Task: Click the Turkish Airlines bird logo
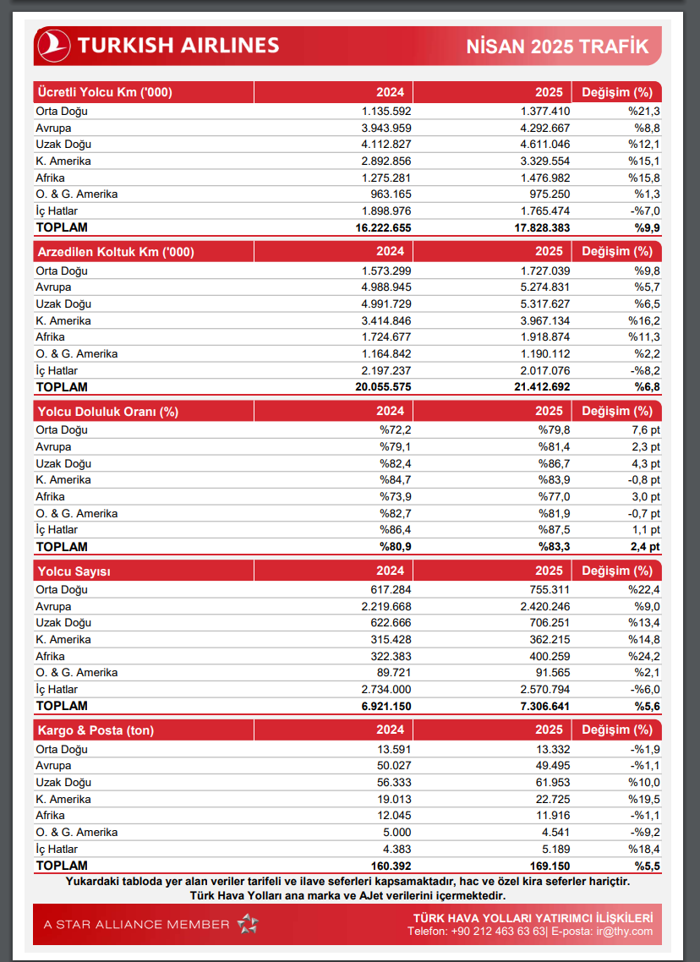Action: pyautogui.click(x=54, y=46)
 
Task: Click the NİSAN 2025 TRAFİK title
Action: pyautogui.click(x=557, y=46)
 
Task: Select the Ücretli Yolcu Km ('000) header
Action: pyautogui.click(x=105, y=92)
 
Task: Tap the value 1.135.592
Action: pyautogui.click(x=386, y=111)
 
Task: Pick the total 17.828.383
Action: pyautogui.click(x=534, y=227)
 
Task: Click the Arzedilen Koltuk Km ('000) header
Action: pyautogui.click(x=114, y=252)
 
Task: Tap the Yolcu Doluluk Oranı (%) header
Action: pyautogui.click(x=107, y=412)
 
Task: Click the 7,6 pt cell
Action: pyautogui.click(x=643, y=430)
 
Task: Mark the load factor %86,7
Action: pyautogui.click(x=555, y=464)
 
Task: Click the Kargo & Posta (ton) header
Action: pyautogui.click(x=96, y=730)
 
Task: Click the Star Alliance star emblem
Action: pyautogui.click(x=247, y=924)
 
